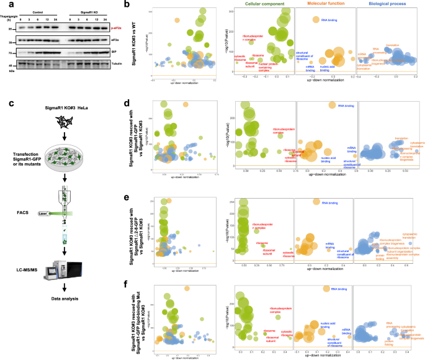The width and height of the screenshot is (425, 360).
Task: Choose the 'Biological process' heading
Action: (x=386, y=6)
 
